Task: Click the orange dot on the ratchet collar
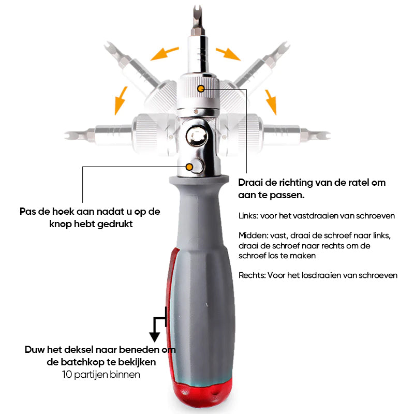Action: point(201,88)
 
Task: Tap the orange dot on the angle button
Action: point(189,167)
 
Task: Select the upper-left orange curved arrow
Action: point(165,54)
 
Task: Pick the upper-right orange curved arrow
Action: point(228,54)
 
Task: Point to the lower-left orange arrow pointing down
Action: point(121,100)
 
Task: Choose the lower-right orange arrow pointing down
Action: point(271,102)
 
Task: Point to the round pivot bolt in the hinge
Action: point(197,137)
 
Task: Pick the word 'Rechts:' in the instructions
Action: point(252,275)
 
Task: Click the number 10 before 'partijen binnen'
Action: point(67,374)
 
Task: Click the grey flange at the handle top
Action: point(199,180)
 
